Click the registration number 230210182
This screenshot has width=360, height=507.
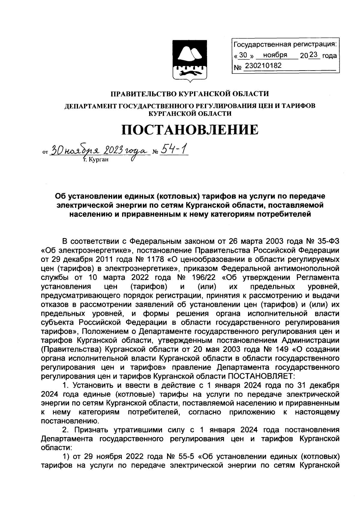pyautogui.click(x=263, y=65)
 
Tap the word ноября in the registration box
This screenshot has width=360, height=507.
pyautogui.click(x=275, y=55)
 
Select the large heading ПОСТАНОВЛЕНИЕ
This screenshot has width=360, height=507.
pyautogui.click(x=190, y=130)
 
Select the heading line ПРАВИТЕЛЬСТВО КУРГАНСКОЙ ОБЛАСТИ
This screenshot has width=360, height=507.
pyautogui.click(x=190, y=94)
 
